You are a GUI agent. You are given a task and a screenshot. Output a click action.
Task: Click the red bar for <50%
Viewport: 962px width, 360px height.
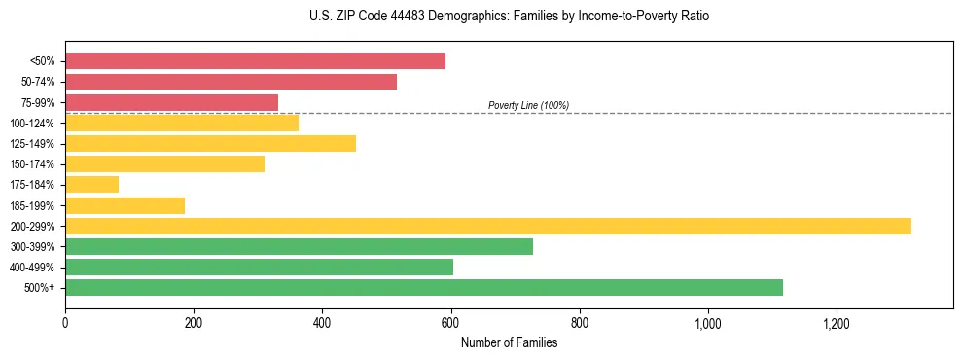click(x=255, y=61)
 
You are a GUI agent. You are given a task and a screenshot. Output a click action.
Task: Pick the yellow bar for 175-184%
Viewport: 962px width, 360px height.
click(x=91, y=184)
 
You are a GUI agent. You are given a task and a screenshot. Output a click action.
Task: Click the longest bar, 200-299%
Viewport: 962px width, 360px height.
click(x=487, y=226)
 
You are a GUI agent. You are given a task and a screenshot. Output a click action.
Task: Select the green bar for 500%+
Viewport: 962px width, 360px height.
click(x=423, y=287)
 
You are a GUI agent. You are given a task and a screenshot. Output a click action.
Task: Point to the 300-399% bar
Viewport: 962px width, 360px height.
click(x=299, y=246)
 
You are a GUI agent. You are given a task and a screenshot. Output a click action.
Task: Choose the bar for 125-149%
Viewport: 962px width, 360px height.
click(x=210, y=143)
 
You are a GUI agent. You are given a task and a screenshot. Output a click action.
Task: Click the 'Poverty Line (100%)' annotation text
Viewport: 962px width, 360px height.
click(x=528, y=105)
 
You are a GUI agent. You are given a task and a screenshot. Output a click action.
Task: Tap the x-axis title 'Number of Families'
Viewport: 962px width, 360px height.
click(x=509, y=342)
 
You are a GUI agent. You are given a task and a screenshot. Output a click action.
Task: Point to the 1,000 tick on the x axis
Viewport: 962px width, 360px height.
click(x=707, y=323)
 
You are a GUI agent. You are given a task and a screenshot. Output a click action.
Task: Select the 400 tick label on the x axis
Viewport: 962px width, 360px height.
click(x=322, y=323)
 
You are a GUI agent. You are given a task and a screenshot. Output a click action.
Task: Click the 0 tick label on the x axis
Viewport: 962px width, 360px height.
click(x=65, y=323)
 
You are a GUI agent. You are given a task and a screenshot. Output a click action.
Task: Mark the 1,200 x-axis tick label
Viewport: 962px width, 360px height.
click(x=836, y=323)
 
